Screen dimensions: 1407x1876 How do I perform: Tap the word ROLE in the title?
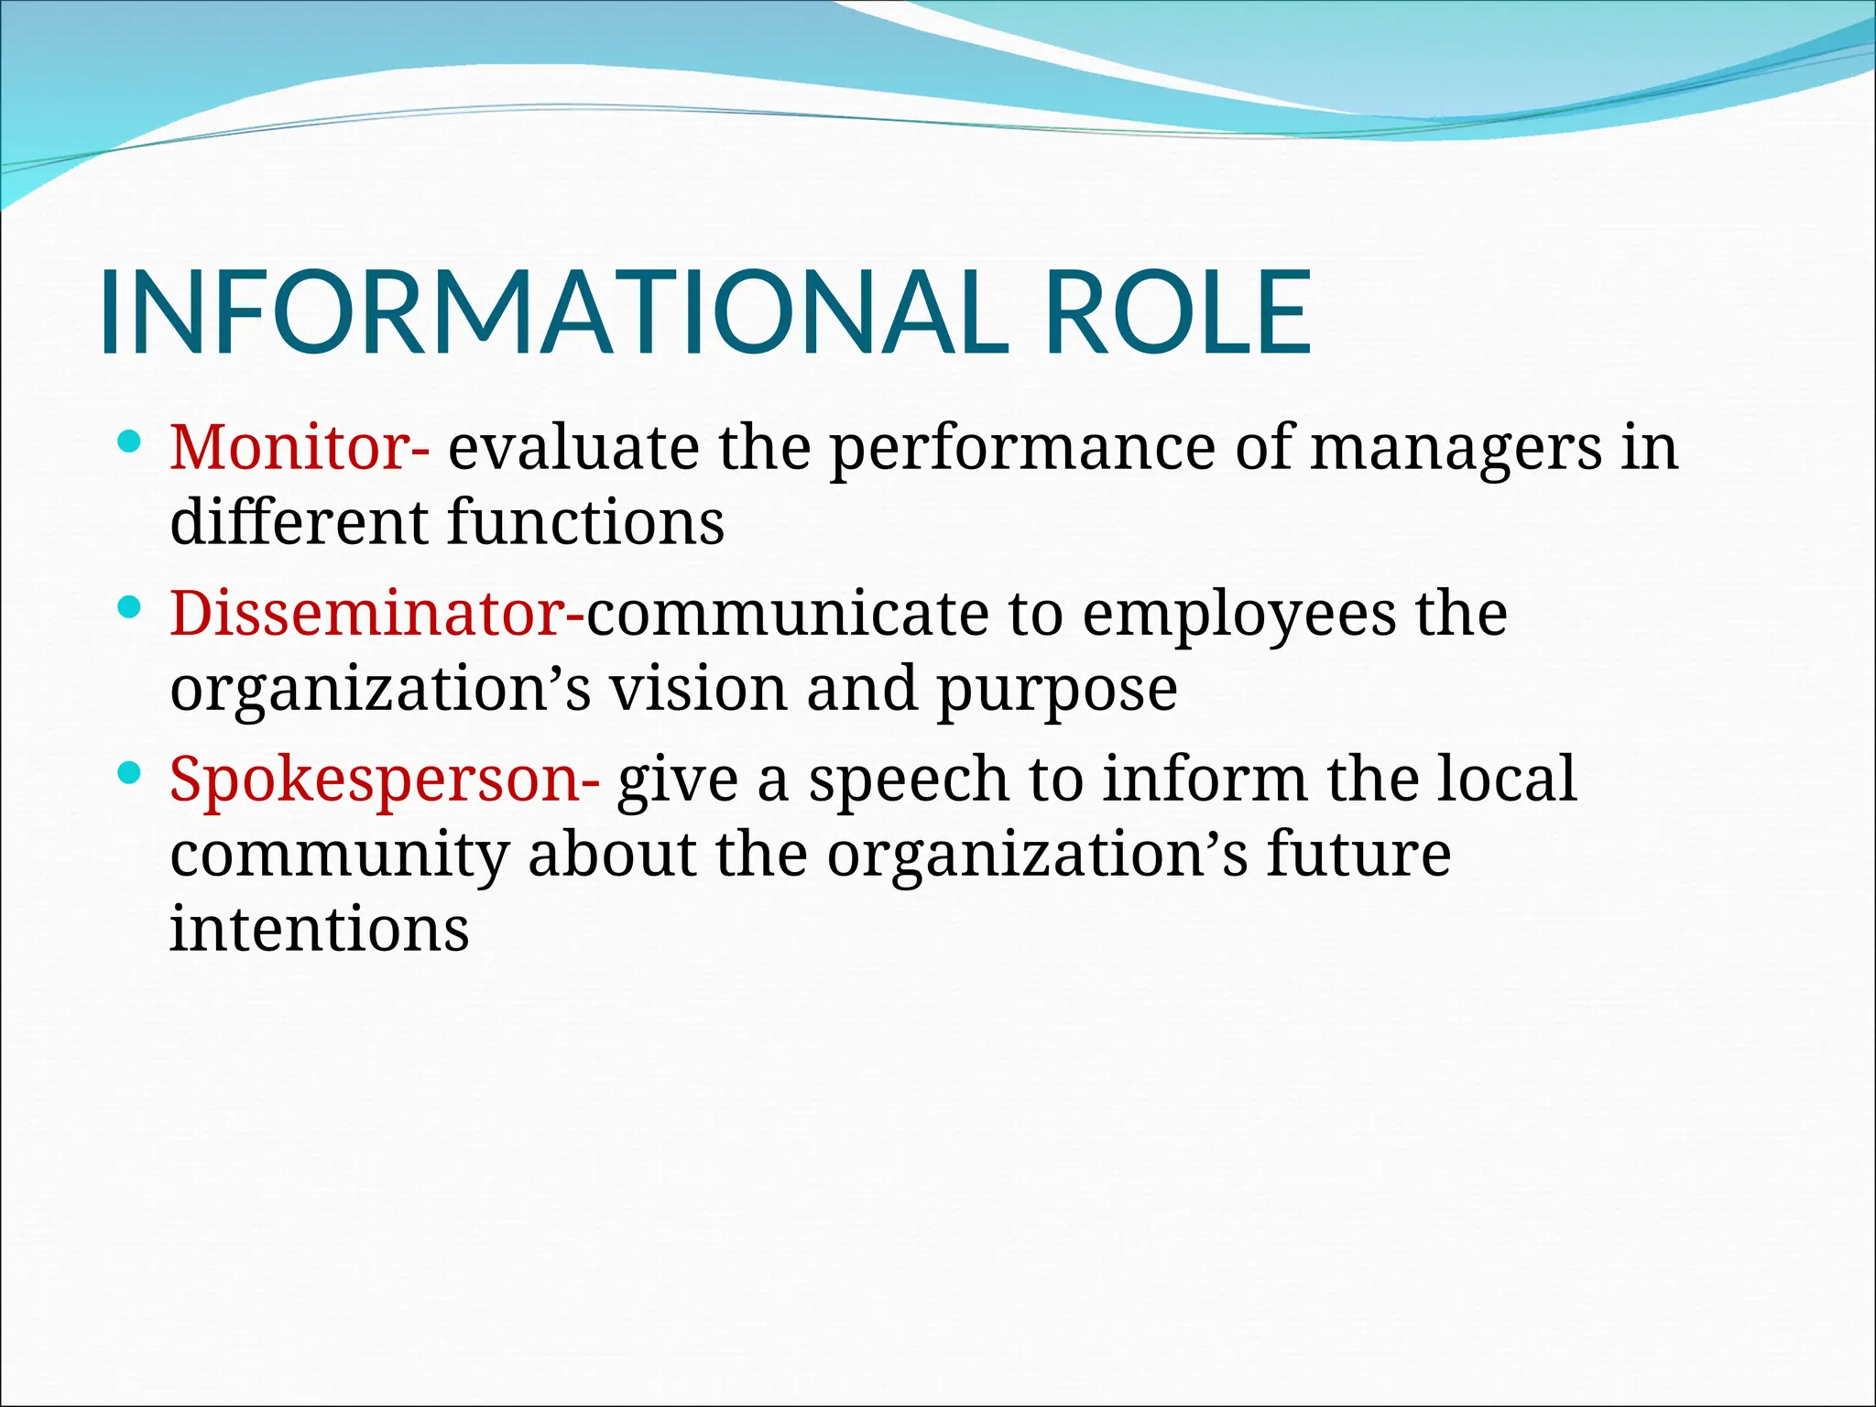[1178, 312]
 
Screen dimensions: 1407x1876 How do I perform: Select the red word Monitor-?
[300, 448]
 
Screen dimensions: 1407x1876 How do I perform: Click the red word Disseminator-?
[376, 614]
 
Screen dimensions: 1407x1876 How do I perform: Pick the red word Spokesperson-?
[385, 780]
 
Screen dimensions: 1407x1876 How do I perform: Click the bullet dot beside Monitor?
[130, 444]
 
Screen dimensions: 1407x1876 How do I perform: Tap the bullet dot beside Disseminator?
[130, 609]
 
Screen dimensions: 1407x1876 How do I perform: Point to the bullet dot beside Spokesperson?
[130, 775]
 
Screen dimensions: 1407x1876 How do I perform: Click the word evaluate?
[573, 448]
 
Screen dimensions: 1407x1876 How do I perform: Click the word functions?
[586, 523]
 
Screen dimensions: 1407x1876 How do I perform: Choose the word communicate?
[787, 614]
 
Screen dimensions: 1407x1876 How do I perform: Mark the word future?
[1359, 855]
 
